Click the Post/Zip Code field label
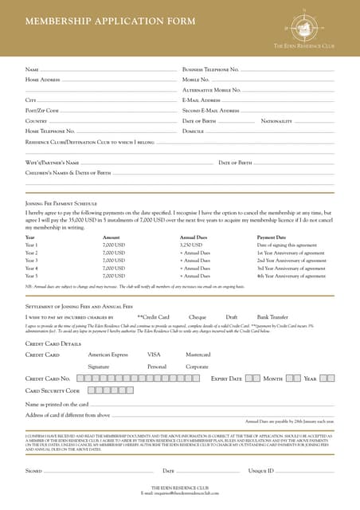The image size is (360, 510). click(x=42, y=110)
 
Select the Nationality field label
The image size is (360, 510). click(x=277, y=120)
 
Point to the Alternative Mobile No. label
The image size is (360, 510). click(x=212, y=90)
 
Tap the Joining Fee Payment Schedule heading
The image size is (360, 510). click(x=61, y=204)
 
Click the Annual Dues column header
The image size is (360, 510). click(x=194, y=237)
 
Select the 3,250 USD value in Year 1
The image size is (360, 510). click(x=191, y=245)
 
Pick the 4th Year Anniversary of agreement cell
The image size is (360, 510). click(x=291, y=276)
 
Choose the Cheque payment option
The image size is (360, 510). click(x=198, y=317)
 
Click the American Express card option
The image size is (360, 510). click(x=108, y=354)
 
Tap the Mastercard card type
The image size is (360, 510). click(x=198, y=354)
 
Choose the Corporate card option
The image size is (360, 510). click(x=197, y=366)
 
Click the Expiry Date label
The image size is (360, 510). click(x=226, y=379)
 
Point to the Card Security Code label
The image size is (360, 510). click(x=53, y=391)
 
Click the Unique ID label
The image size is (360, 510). click(x=261, y=471)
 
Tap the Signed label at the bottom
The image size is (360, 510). click(x=33, y=471)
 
